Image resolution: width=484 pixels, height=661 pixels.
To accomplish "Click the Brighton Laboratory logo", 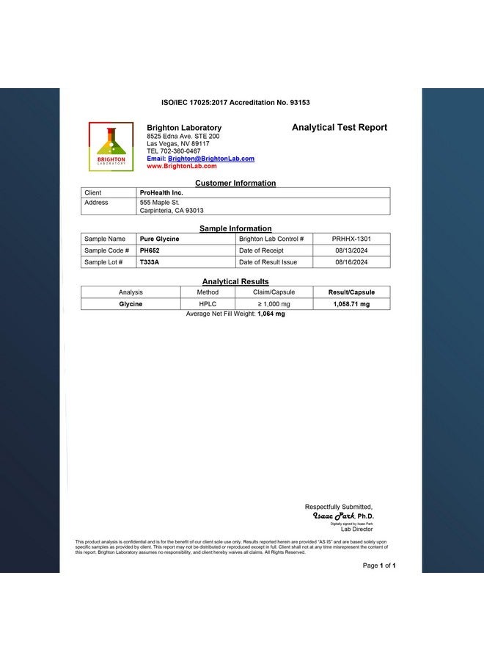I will (111, 147).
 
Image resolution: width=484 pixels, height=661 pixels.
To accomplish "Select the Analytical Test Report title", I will (340, 127).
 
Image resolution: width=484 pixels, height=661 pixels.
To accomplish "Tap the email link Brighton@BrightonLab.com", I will (211, 159).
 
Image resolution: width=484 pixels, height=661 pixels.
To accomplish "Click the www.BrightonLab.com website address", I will (182, 166).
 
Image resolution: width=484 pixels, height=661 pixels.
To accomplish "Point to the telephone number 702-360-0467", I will (180, 151).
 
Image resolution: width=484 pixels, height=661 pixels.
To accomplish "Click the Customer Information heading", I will (235, 183).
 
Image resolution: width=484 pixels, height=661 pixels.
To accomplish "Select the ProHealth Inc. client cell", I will (161, 192).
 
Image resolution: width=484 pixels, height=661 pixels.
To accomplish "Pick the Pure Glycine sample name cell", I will (159, 239).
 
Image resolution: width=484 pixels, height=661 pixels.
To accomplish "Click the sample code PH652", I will (150, 250).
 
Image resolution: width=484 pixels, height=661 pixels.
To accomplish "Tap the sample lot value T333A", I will (149, 262).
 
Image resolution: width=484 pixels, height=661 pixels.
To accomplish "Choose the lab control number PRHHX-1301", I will (351, 239).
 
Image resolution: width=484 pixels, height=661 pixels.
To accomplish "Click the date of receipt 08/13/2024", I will (351, 250).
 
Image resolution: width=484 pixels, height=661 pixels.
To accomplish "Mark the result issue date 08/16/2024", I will (351, 262).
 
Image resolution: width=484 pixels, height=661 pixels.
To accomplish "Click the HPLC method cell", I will (208, 303).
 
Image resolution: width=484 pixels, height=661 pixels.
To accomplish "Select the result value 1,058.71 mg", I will (351, 303).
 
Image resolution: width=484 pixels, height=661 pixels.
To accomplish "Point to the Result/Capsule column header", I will (351, 292).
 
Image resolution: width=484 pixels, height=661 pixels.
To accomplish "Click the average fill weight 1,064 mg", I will (271, 314).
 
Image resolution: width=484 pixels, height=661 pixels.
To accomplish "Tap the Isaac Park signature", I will (334, 516).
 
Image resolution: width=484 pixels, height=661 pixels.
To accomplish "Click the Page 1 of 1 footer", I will (379, 566).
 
